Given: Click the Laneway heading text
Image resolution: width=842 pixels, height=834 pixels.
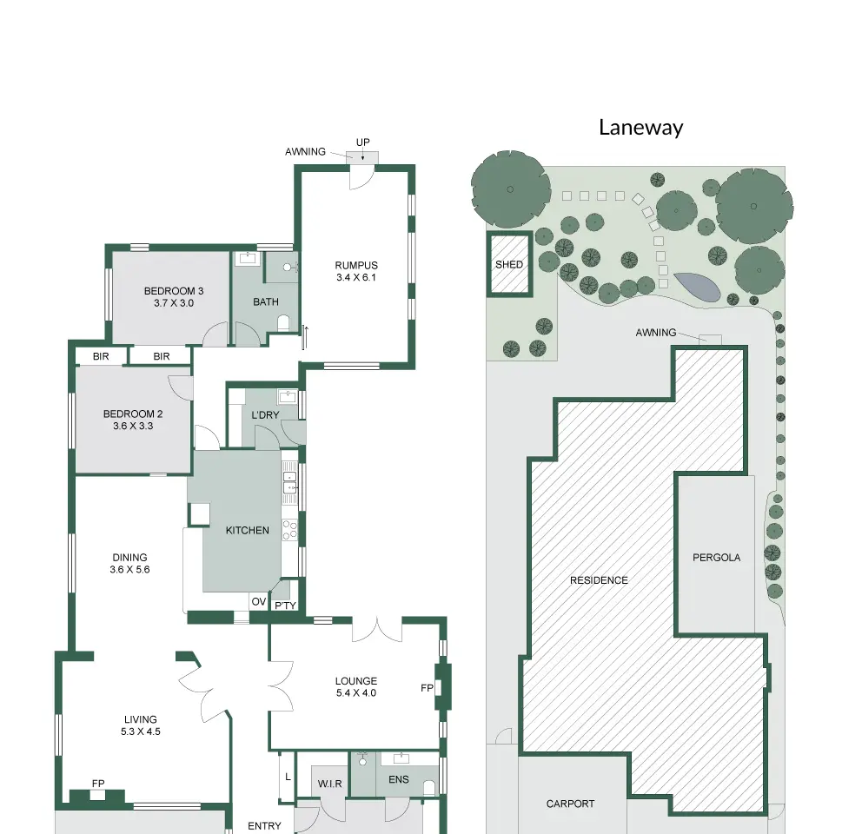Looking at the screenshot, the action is click(x=640, y=128).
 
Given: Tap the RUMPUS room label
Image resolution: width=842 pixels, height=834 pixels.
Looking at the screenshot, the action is click(x=356, y=265).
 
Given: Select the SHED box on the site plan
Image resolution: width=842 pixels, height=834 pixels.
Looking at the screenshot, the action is click(x=509, y=264).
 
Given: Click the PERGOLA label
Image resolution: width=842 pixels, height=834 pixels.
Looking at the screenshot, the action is click(x=716, y=558).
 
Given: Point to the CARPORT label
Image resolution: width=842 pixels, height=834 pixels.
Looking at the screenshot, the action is click(x=570, y=804).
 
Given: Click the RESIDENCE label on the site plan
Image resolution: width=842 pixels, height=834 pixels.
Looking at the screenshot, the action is click(x=599, y=580).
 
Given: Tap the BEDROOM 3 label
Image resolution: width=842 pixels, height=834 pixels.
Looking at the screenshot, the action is click(x=174, y=291).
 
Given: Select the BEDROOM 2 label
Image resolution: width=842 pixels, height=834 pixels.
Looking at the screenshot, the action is click(x=133, y=414).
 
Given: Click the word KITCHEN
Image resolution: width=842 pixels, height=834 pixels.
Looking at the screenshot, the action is click(x=247, y=531).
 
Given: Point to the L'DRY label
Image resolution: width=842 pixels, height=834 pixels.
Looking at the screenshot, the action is click(x=265, y=415).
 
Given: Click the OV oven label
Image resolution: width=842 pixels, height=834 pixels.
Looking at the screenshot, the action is click(x=259, y=602).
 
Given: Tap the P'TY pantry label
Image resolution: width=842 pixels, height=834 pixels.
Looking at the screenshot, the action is click(x=285, y=606).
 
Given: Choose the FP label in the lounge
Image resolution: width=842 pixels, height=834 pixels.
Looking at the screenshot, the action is click(x=427, y=688).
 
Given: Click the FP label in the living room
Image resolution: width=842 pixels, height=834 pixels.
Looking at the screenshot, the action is click(x=98, y=784).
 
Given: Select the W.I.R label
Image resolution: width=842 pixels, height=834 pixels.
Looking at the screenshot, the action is click(x=329, y=784).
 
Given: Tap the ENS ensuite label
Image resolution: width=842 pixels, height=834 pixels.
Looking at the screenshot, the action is click(x=399, y=779).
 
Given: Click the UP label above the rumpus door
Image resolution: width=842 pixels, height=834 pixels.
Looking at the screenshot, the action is click(x=363, y=142).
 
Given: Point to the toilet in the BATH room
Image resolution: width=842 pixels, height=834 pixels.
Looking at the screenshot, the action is click(x=283, y=323).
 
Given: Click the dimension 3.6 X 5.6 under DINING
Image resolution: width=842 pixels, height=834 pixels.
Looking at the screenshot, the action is click(x=129, y=570).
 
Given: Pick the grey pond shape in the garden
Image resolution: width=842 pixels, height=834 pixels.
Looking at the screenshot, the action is click(x=697, y=288).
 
